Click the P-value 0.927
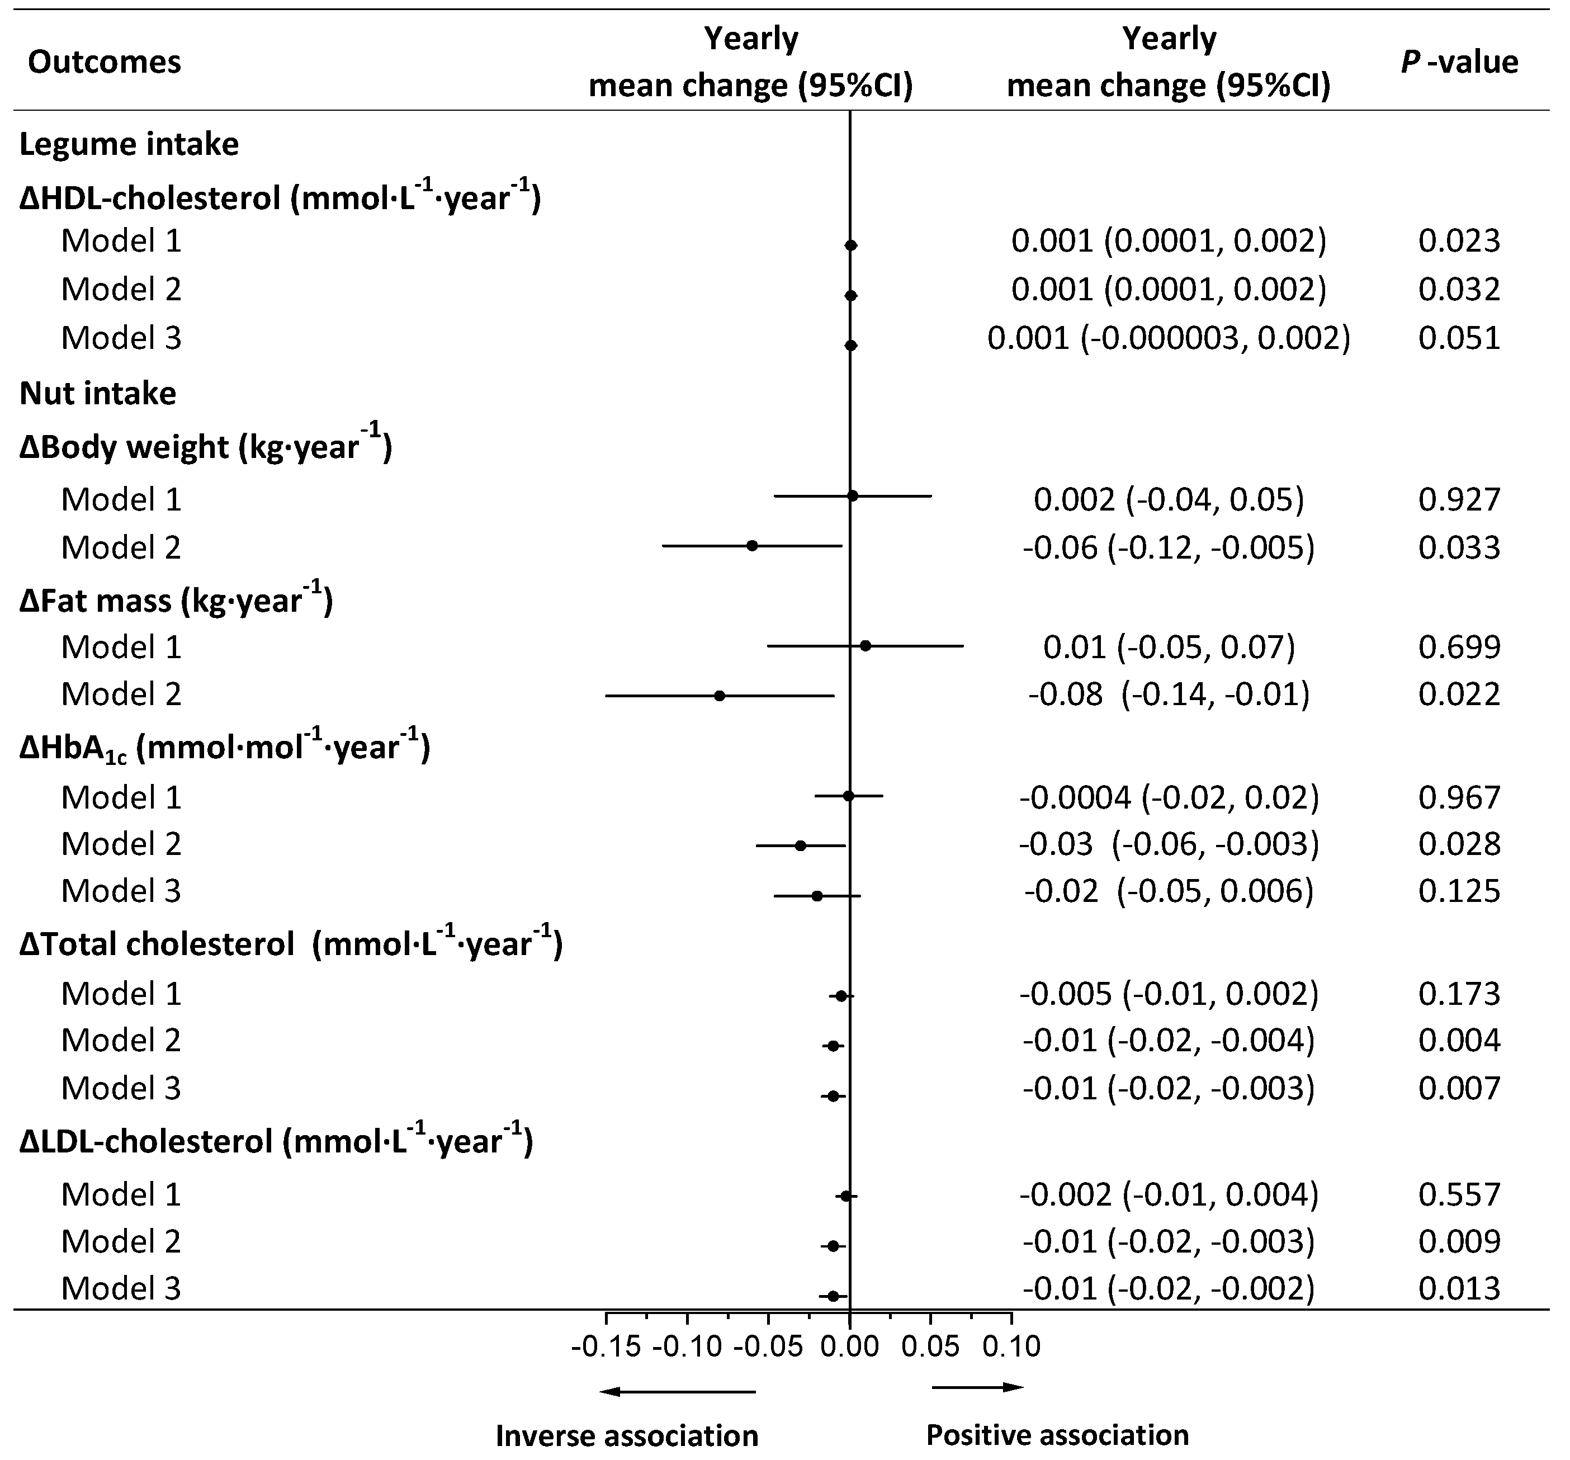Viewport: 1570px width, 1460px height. click(x=1459, y=500)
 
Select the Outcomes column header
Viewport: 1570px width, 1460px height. click(x=104, y=62)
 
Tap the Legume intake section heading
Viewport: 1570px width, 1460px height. click(x=129, y=144)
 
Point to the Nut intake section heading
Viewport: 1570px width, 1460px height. click(x=98, y=393)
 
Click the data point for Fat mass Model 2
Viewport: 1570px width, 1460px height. click(x=720, y=696)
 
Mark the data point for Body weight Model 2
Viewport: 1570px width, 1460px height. click(x=752, y=546)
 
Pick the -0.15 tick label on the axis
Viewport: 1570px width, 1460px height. click(x=606, y=1345)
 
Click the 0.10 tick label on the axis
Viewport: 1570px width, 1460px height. click(x=1011, y=1345)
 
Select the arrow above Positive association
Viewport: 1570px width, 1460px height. click(x=978, y=1387)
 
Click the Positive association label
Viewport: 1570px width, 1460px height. click(x=1057, y=1435)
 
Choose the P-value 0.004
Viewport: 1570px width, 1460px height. click(x=1459, y=1041)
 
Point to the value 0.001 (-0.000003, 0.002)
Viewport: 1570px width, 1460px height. click(x=1169, y=338)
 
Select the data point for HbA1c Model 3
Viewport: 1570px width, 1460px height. click(x=817, y=896)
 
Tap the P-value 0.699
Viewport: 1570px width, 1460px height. click(x=1459, y=648)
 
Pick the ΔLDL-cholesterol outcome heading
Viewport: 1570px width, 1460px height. click(x=276, y=1141)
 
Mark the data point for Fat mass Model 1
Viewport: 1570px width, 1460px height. click(x=866, y=646)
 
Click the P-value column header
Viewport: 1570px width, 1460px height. click(x=1459, y=62)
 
